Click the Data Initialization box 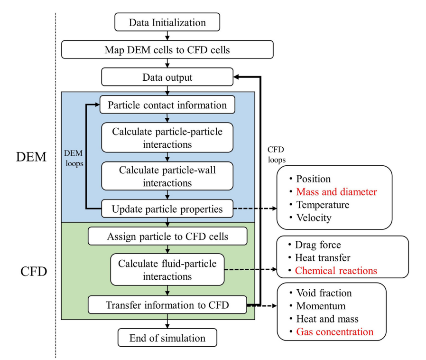[x=167, y=22]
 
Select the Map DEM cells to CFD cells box [x=167, y=49]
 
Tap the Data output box [x=167, y=77]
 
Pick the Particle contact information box [x=167, y=104]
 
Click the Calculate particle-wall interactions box [x=167, y=176]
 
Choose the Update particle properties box [x=167, y=208]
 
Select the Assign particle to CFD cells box [x=167, y=236]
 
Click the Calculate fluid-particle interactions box [x=167, y=269]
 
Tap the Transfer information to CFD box [x=167, y=305]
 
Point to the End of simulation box [x=167, y=338]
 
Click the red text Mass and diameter [x=336, y=192]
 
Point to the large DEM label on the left [x=31, y=157]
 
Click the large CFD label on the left [x=34, y=271]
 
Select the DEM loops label [x=74, y=158]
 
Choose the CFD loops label [x=276, y=154]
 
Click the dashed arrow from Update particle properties [x=255, y=208]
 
